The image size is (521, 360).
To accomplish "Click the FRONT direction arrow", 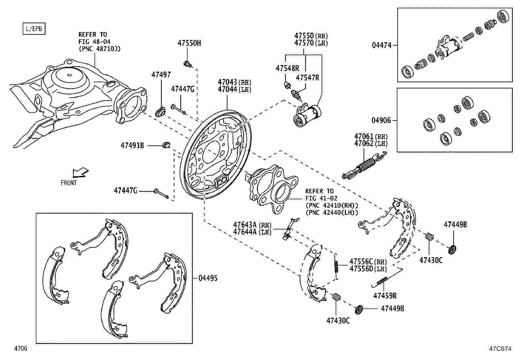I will [x=80, y=172].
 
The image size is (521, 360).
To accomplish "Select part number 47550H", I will [x=189, y=43].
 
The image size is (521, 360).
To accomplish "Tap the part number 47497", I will [x=161, y=75].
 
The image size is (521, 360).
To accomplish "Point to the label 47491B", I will [x=132, y=145].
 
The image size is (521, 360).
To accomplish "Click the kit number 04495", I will [x=208, y=278].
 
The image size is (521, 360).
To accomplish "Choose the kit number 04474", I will [x=381, y=45].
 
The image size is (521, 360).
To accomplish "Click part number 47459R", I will [x=385, y=296].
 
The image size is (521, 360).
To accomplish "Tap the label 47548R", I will [x=287, y=68].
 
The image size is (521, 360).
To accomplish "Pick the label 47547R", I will [x=307, y=77].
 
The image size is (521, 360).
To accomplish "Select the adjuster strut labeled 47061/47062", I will [x=364, y=165].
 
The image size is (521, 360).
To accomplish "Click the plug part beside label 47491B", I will [x=166, y=144].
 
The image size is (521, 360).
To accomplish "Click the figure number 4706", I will [x=20, y=349].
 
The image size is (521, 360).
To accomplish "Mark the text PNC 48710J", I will [x=99, y=49].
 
